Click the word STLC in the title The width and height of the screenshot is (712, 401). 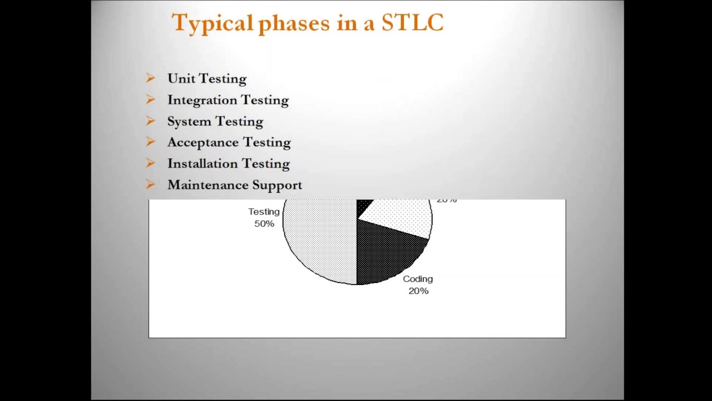[x=412, y=23]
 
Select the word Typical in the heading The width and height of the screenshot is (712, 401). [x=212, y=23]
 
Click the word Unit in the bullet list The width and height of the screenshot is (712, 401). [x=181, y=79]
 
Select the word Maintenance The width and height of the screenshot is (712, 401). [x=207, y=185]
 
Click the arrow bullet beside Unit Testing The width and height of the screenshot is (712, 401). [x=150, y=79]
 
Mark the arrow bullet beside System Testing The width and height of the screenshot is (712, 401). [x=150, y=121]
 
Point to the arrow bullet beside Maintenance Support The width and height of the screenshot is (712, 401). [x=150, y=184]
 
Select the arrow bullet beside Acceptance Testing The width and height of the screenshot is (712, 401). [x=150, y=142]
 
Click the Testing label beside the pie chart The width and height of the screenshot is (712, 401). [x=264, y=212]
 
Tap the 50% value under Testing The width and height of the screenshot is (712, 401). [x=264, y=224]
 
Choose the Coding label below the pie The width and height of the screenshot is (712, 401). [x=418, y=279]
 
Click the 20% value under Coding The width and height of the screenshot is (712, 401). [x=418, y=291]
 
